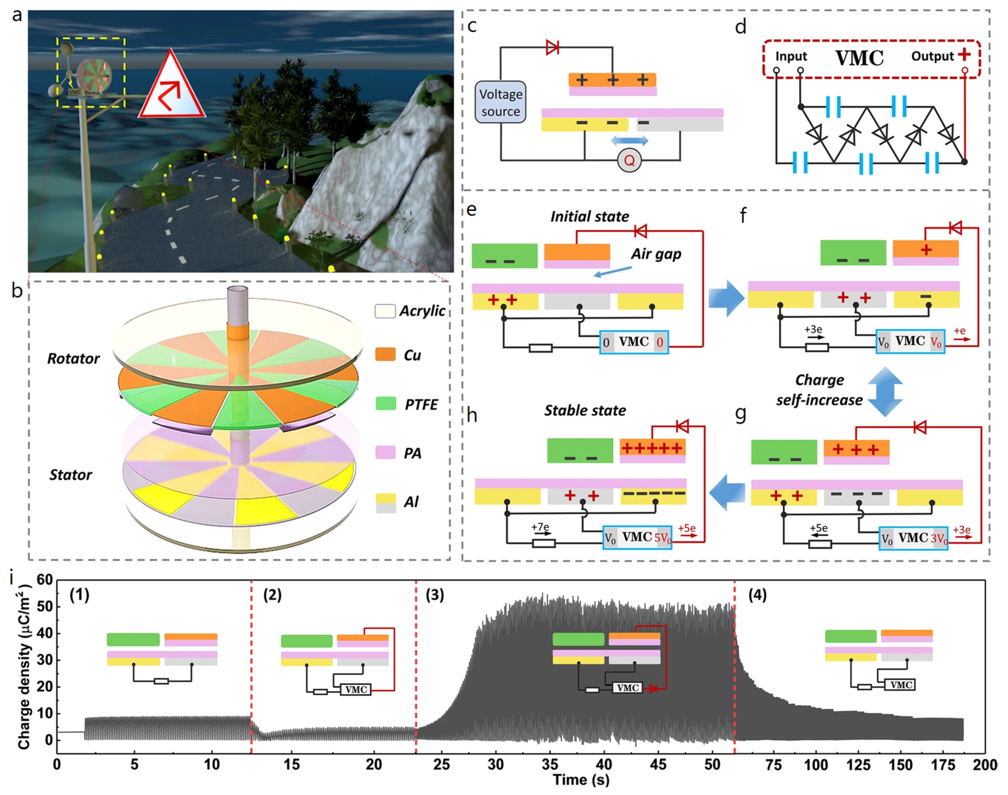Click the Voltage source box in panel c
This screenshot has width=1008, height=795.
click(501, 102)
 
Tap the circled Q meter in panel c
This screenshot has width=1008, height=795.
click(629, 161)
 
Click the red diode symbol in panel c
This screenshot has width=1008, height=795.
click(552, 47)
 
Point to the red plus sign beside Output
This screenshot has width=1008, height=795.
click(964, 55)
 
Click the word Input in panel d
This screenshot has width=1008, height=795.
click(791, 56)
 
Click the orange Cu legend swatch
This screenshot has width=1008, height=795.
click(386, 355)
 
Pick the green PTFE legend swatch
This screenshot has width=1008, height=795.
click(386, 404)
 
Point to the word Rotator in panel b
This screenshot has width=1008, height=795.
click(73, 359)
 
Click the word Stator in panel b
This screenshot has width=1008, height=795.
click(71, 475)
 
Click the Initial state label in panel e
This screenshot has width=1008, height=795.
click(589, 216)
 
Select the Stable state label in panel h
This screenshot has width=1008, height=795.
click(585, 410)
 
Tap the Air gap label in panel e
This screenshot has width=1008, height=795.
click(656, 254)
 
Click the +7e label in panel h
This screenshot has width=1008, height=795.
click(540, 527)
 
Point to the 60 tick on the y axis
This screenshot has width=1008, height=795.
click(45, 580)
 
